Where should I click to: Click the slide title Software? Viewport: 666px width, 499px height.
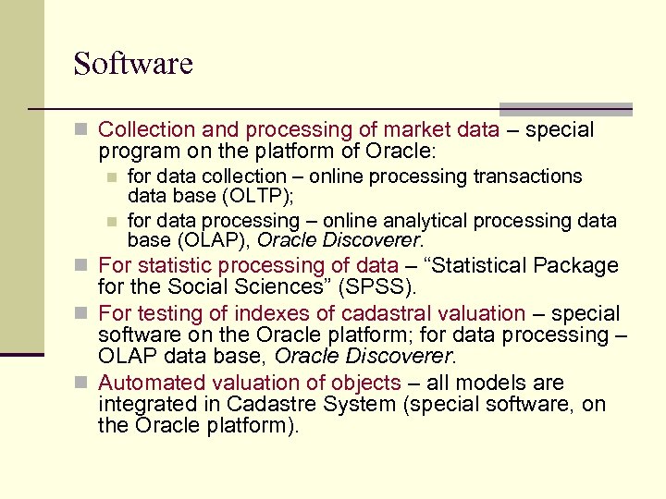tap(133, 64)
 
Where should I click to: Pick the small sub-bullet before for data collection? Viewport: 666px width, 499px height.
tap(112, 176)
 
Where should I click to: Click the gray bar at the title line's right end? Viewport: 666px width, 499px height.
tap(565, 108)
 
